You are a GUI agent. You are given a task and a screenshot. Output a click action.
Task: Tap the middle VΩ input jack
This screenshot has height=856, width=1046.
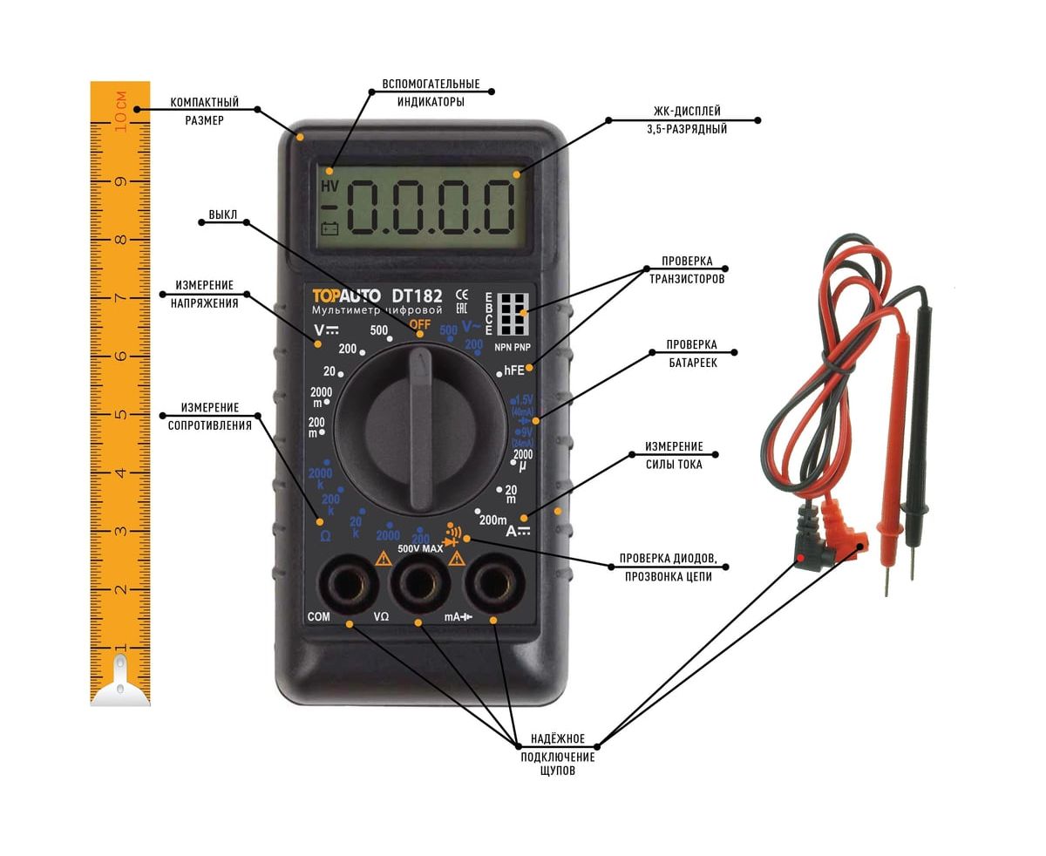pos(418,581)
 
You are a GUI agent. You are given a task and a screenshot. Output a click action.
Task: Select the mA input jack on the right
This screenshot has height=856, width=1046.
pos(492,581)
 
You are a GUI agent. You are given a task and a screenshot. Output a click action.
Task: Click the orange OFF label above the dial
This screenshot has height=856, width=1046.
pos(420,325)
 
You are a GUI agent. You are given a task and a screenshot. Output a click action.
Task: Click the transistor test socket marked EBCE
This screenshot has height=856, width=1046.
pos(513,312)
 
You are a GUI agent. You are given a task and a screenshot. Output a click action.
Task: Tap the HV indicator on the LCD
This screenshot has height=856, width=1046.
pos(329,187)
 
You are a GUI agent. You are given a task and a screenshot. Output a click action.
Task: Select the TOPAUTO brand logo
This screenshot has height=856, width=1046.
pos(346,296)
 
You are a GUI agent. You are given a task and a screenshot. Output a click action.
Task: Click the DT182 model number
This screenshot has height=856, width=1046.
pos(417,296)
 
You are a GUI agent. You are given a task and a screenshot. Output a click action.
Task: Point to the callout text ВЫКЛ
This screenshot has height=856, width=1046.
pos(222,214)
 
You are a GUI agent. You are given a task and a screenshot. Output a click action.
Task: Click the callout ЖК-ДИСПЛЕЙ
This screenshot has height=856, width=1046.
pos(687,112)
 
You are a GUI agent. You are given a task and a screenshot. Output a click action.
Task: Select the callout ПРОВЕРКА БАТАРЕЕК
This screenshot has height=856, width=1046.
pos(692,353)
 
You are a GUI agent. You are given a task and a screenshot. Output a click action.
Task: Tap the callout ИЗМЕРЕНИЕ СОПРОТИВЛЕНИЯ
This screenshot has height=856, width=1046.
pos(209,417)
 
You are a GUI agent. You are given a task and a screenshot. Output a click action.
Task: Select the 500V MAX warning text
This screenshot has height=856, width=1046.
pos(420,549)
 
